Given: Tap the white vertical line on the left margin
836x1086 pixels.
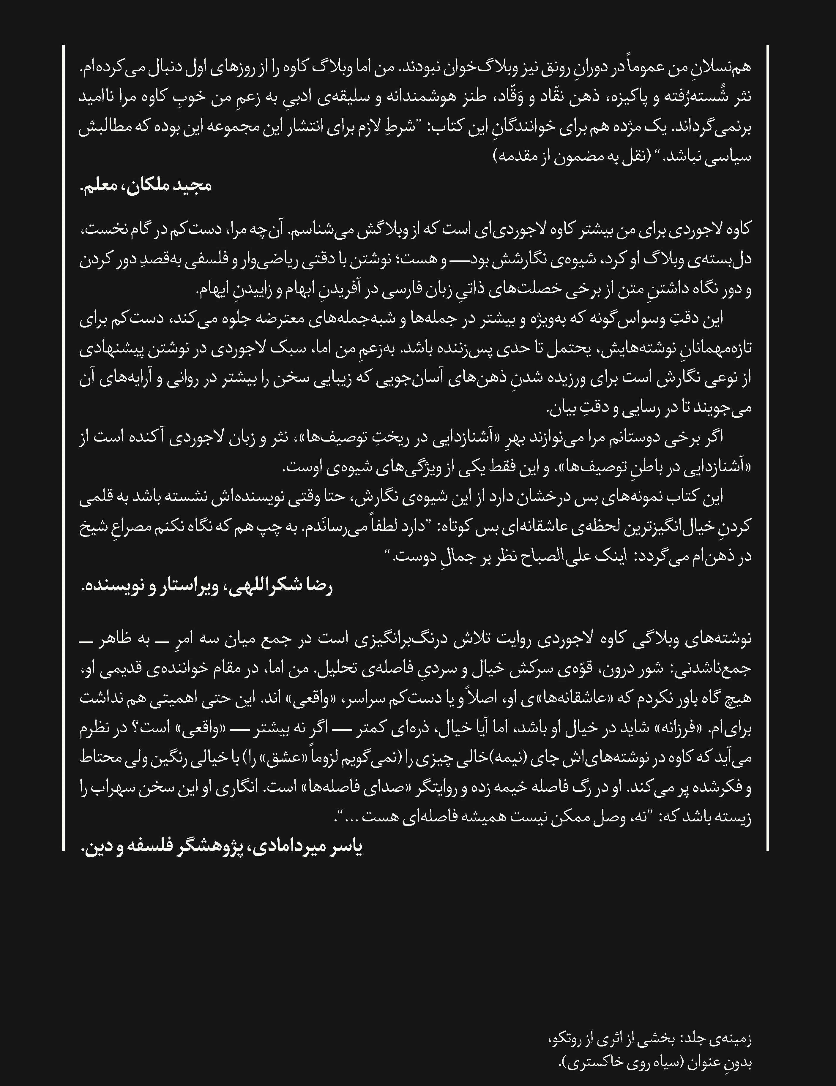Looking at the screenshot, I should click(64, 448).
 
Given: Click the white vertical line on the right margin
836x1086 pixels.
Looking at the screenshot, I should click(768, 448).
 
